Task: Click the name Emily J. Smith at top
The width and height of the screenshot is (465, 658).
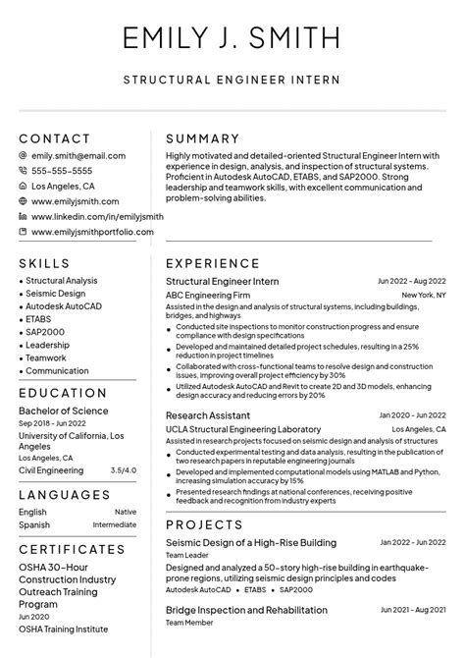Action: point(232,38)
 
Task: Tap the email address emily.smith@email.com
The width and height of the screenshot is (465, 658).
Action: point(78,156)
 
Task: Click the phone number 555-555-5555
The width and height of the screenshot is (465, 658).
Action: point(66,171)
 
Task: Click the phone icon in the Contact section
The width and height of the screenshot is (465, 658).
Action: point(23,171)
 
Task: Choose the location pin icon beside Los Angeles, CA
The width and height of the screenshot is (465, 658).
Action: point(23,186)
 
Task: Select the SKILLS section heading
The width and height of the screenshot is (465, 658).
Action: point(44,263)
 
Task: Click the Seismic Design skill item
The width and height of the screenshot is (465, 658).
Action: point(56,294)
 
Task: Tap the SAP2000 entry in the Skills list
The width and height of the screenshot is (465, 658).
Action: point(45,332)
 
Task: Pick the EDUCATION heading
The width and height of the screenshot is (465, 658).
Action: point(63,394)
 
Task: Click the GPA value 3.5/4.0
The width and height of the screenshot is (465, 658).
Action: point(124,470)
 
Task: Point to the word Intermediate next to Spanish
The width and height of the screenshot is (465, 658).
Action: point(115,524)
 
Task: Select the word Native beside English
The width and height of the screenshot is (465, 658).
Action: point(126,512)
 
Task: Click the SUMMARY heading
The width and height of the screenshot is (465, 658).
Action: point(203,138)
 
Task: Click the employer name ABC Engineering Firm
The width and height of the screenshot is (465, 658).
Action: point(208,295)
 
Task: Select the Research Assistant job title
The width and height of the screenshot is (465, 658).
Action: point(207,415)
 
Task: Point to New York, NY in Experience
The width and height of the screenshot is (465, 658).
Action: point(424,295)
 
